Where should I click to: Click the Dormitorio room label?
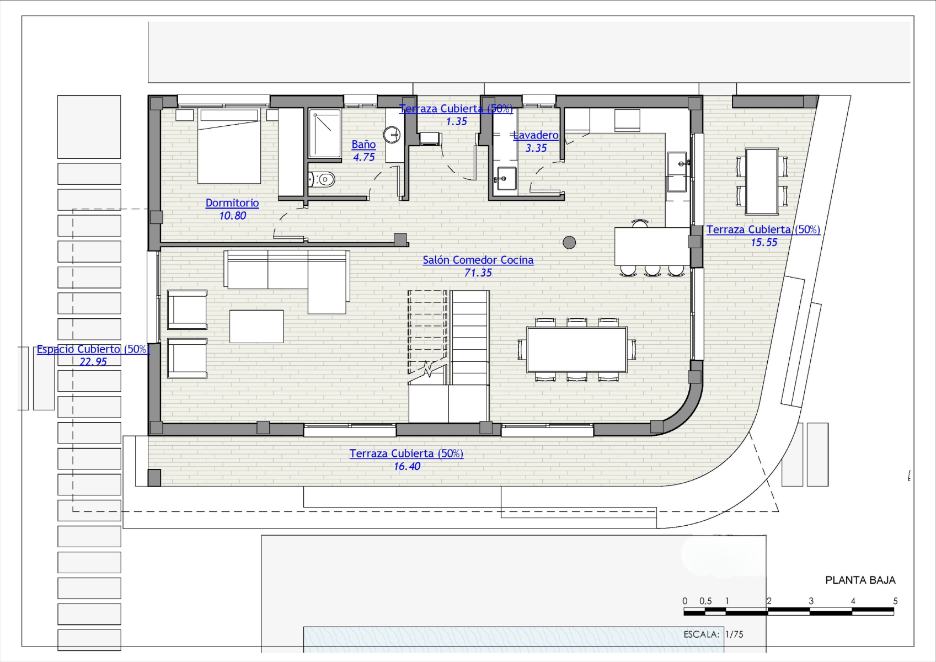(x=232, y=202)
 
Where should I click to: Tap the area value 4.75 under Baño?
(x=364, y=157)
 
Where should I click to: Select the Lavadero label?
(x=536, y=135)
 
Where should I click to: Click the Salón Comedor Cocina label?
(x=478, y=260)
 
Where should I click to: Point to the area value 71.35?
(x=478, y=273)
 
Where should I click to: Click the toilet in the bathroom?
(x=322, y=180)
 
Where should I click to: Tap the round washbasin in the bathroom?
(x=392, y=135)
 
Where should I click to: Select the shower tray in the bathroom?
(x=325, y=134)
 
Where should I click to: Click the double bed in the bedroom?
(x=229, y=146)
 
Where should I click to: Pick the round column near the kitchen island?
(x=569, y=242)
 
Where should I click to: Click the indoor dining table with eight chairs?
(x=576, y=349)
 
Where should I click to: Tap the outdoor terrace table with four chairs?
(x=762, y=181)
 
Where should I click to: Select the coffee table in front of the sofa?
(x=256, y=327)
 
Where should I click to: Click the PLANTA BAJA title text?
(x=860, y=580)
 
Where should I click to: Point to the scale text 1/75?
(x=734, y=634)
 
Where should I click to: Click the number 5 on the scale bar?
(x=895, y=601)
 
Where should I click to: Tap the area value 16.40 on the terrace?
(x=407, y=466)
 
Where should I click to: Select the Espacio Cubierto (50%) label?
(x=93, y=349)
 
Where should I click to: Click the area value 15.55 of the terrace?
(x=764, y=242)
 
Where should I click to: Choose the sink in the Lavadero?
(x=506, y=178)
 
